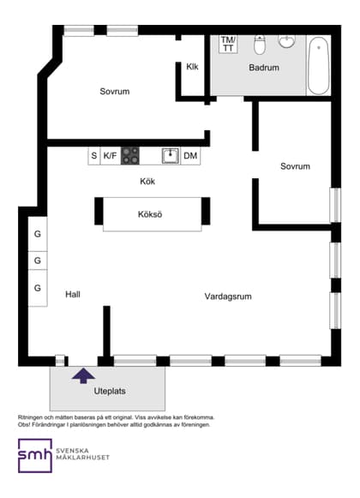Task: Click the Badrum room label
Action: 263,67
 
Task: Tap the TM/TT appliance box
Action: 228,44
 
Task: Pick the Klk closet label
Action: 192,68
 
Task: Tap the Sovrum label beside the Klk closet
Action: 114,91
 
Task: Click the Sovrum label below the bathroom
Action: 295,166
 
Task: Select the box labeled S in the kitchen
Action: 94,156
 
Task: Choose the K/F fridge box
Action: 111,156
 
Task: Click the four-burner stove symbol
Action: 130,156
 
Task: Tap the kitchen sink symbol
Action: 171,156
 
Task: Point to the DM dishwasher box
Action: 189,156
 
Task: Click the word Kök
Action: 148,182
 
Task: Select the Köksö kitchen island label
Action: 150,213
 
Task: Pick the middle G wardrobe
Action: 38,261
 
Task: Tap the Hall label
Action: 73,294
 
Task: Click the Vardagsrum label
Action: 228,297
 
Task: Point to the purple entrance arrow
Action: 83,374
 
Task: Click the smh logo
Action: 34,456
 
